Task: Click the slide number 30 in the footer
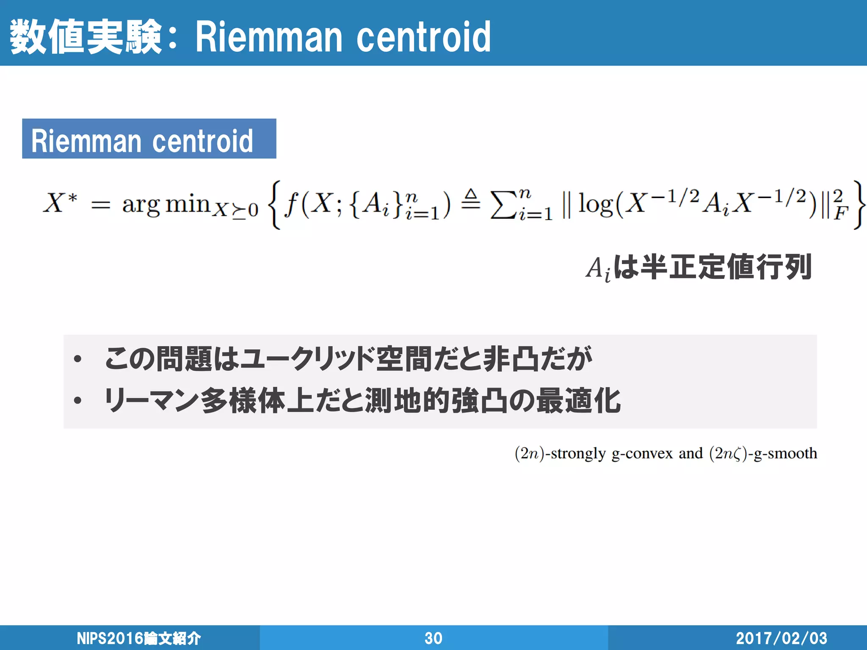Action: [433, 638]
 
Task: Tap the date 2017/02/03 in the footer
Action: [781, 638]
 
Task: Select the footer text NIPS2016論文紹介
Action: [138, 638]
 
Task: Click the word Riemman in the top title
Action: [268, 37]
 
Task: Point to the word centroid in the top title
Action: [423, 37]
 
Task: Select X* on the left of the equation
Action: [61, 203]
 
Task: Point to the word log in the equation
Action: [595, 204]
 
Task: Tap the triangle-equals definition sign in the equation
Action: [470, 199]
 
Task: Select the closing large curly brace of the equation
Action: [858, 205]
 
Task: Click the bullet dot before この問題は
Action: [77, 359]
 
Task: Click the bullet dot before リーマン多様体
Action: [77, 400]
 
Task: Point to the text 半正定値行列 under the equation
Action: [726, 267]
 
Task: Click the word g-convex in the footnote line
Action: [642, 453]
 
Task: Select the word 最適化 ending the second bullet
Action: [578, 400]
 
